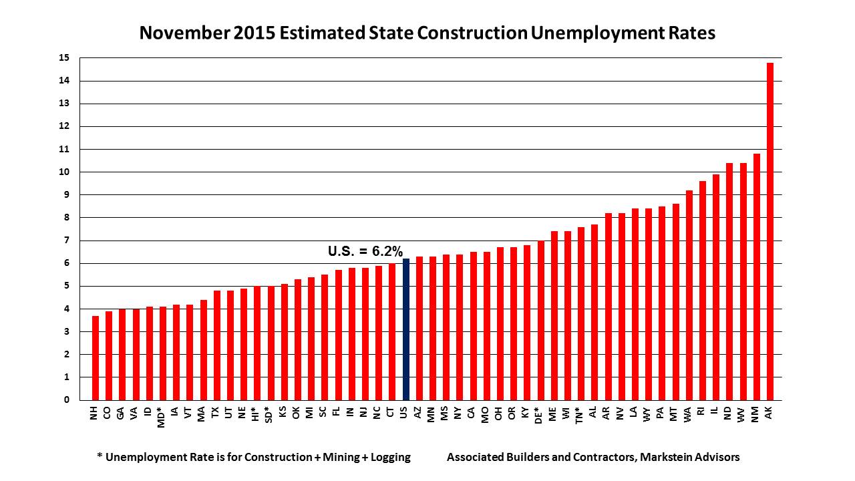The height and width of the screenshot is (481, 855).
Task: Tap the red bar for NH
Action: point(96,358)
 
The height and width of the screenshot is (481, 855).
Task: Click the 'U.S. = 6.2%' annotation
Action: point(365,252)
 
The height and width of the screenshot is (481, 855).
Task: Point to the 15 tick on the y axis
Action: point(64,58)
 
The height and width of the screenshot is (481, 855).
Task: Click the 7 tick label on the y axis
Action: point(66,240)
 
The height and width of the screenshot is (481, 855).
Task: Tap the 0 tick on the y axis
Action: point(66,400)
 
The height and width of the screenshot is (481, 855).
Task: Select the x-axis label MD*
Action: point(161,417)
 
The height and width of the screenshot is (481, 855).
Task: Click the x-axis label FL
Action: point(337,414)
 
